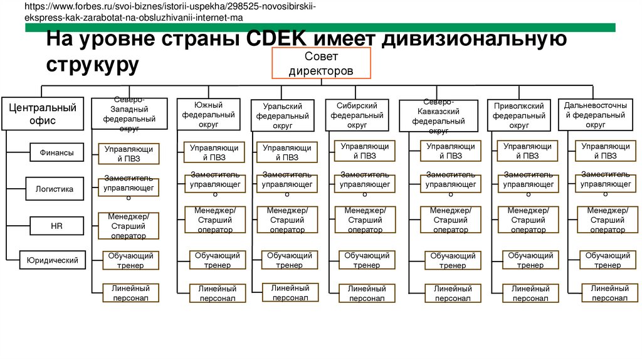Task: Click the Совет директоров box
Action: (x=321, y=63)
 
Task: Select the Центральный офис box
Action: (x=41, y=114)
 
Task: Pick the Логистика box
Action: (x=55, y=188)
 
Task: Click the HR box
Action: (x=56, y=224)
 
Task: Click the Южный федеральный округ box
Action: (x=209, y=114)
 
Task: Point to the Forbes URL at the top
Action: (x=169, y=12)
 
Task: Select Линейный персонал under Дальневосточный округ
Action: (x=606, y=292)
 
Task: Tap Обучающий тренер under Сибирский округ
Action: (x=366, y=260)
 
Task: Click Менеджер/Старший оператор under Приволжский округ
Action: (x=528, y=220)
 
